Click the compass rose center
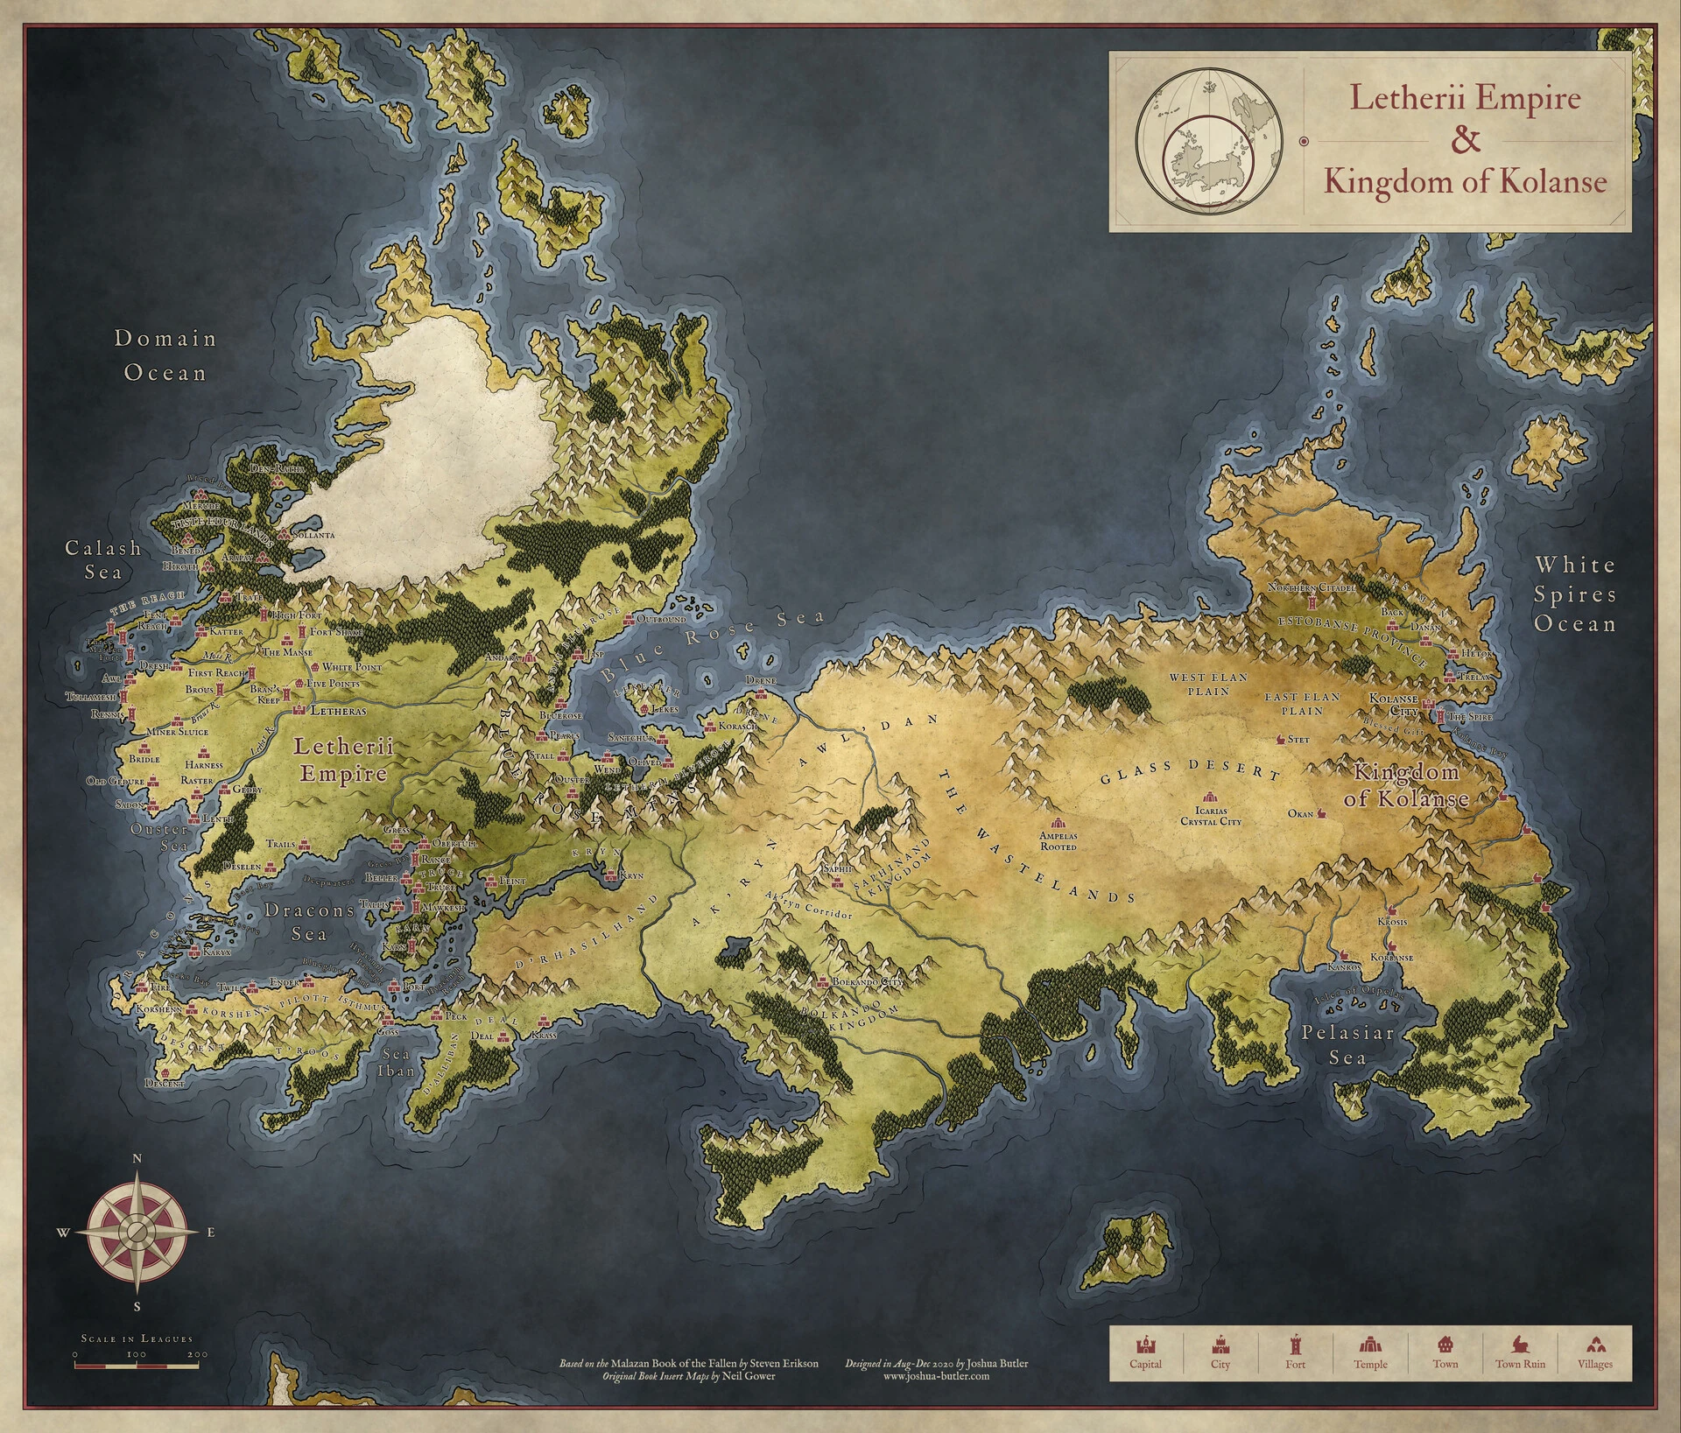pos(137,1232)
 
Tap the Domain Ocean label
pos(165,355)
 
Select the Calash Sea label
pos(103,559)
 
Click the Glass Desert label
pos(1190,769)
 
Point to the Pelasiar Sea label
pos(1347,1045)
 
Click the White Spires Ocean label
pos(1574,594)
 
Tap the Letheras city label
pos(338,711)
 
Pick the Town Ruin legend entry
pos(1520,1353)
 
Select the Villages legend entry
pos(1594,1353)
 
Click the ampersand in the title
pos(1466,139)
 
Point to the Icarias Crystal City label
pos(1211,816)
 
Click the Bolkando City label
pos(866,982)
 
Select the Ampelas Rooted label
pos(1059,841)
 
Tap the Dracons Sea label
pos(309,922)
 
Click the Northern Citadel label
pos(1312,588)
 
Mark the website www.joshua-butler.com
pos(936,1375)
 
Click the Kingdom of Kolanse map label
pos(1406,785)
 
